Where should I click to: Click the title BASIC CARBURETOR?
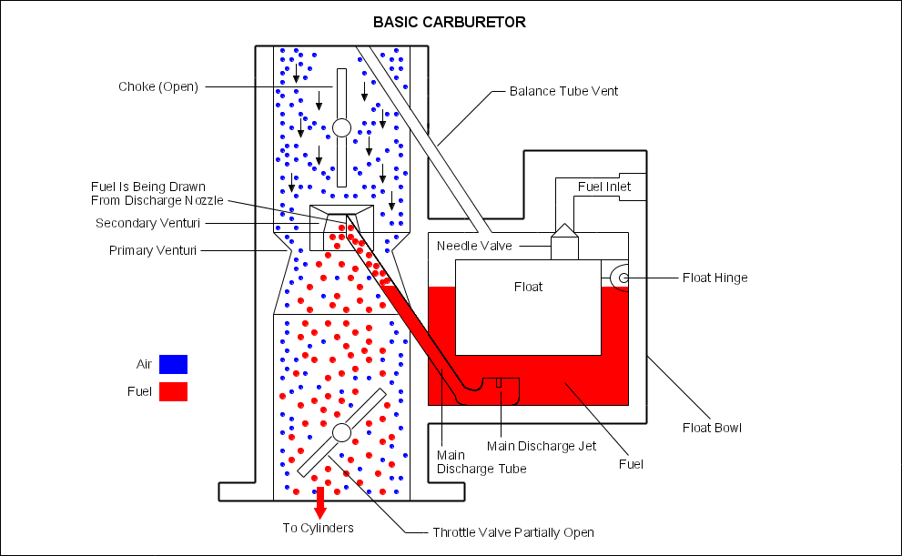[x=450, y=22]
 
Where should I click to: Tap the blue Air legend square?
[x=173, y=364]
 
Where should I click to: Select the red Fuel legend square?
[x=173, y=391]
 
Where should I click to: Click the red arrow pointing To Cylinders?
[x=319, y=503]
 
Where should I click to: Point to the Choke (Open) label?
[x=158, y=87]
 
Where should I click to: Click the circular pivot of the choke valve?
[x=341, y=127]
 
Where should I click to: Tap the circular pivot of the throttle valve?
[x=341, y=432]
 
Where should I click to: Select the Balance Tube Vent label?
[x=563, y=91]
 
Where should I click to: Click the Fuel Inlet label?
[x=604, y=187]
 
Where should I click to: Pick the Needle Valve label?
[x=474, y=246]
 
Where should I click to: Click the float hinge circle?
[x=622, y=278]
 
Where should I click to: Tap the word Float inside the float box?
[x=528, y=287]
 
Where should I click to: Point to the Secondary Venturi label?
[x=147, y=223]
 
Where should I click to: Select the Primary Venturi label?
[x=154, y=250]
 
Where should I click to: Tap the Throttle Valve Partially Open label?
[x=513, y=532]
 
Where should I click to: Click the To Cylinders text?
[x=318, y=528]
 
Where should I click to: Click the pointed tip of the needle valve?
[x=564, y=225]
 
